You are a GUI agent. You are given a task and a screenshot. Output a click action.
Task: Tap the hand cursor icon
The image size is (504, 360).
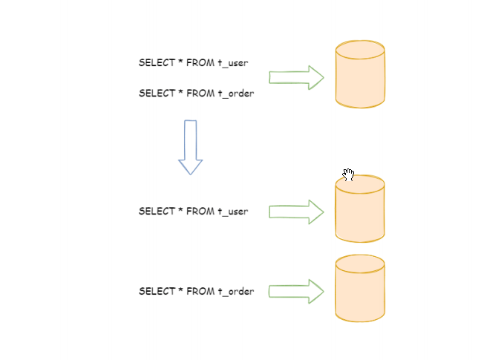tap(348, 174)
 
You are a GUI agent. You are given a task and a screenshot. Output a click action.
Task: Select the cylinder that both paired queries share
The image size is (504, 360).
tap(360, 74)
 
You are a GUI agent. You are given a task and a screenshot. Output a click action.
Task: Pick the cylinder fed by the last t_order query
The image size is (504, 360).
tap(360, 289)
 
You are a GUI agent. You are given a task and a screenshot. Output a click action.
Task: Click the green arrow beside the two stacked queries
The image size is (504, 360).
tap(296, 77)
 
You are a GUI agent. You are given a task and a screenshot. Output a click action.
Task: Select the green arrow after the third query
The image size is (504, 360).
tap(296, 212)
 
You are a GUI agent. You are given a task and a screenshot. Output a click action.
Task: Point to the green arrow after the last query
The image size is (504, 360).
tap(296, 291)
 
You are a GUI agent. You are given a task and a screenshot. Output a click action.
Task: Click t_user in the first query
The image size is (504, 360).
tap(232, 63)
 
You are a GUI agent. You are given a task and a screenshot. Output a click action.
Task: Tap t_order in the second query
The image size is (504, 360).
tap(235, 94)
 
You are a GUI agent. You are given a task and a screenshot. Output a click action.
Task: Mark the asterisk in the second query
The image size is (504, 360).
tap(180, 93)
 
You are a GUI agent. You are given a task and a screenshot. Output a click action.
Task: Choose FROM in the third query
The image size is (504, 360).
tap(200, 212)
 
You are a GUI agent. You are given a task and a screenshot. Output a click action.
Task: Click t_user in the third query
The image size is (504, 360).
tap(232, 212)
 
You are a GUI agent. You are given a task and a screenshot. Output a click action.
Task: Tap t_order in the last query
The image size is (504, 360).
tap(235, 291)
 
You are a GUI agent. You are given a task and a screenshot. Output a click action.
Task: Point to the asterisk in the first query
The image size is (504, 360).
tap(180, 62)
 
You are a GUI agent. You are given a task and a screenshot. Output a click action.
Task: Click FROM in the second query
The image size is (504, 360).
tap(200, 94)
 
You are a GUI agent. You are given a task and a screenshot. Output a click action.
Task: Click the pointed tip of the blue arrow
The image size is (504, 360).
tap(191, 173)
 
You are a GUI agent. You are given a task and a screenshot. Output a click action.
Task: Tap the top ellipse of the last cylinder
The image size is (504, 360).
tap(360, 263)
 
